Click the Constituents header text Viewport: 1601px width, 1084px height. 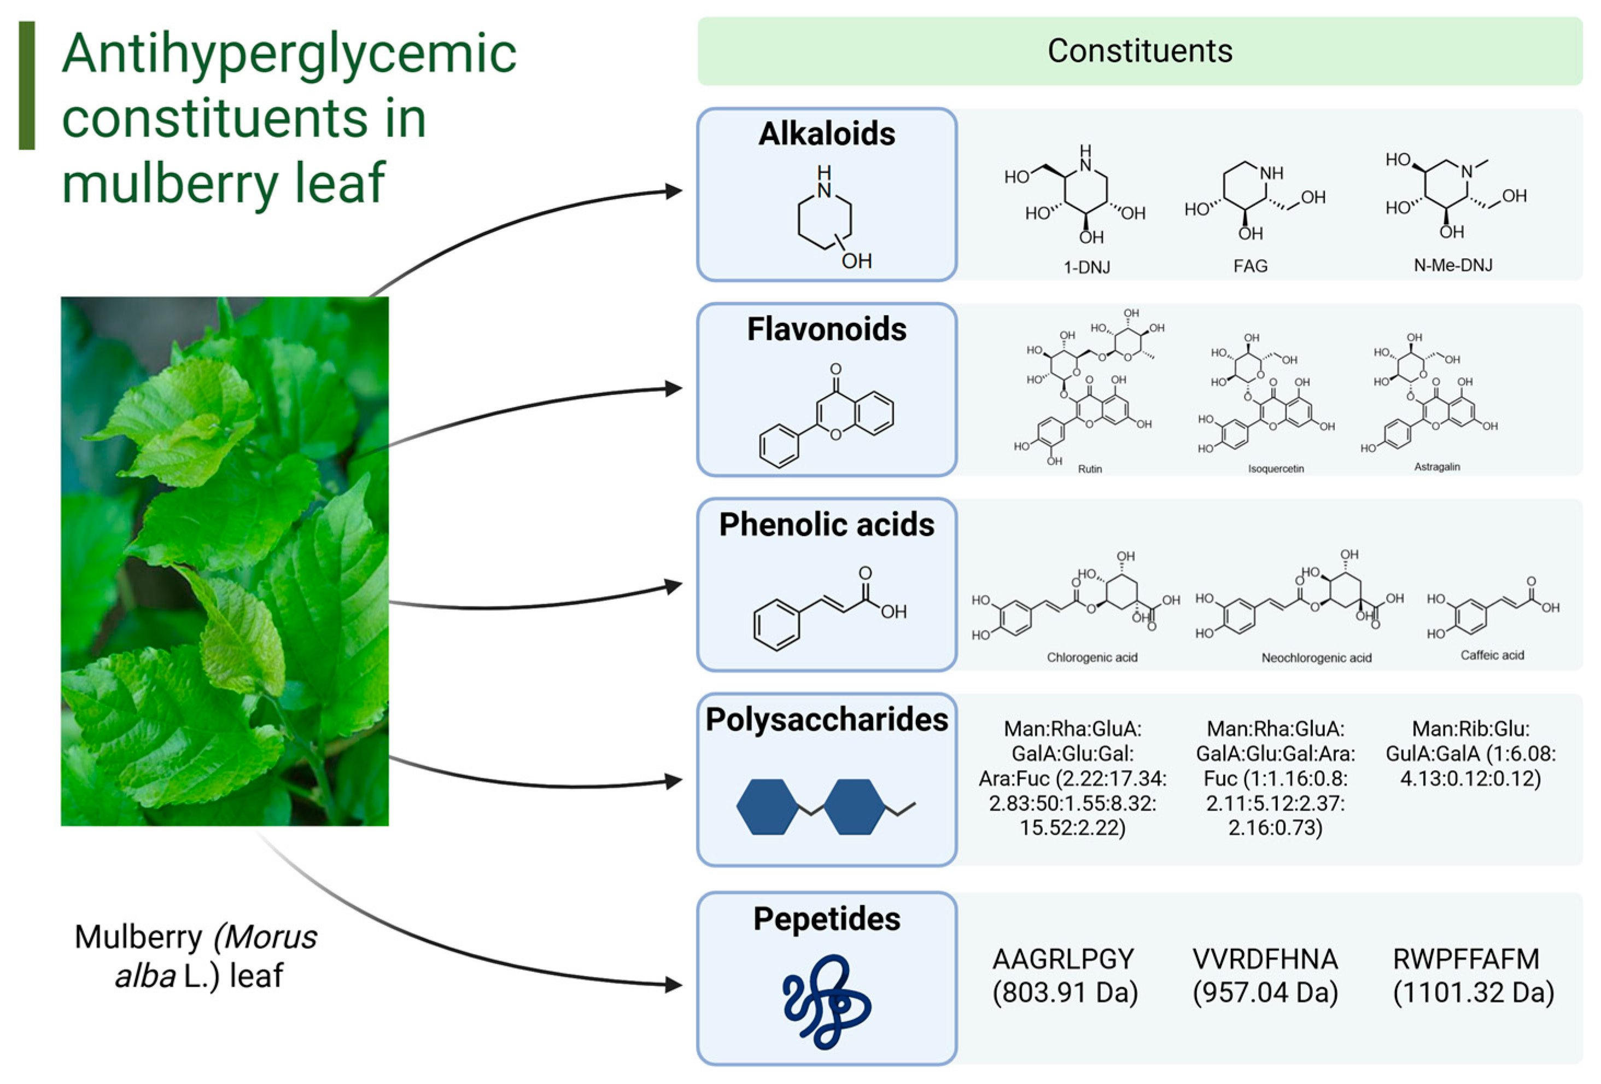tap(1140, 51)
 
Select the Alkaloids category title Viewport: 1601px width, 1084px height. tap(827, 133)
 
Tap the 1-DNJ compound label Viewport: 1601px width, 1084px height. tap(1086, 267)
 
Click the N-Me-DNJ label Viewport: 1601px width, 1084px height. tap(1453, 265)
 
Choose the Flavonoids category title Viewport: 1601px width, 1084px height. tap(827, 329)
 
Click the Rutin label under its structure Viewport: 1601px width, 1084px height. tap(1090, 469)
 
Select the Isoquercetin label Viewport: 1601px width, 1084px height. tap(1276, 469)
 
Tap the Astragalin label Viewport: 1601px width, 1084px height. tap(1437, 467)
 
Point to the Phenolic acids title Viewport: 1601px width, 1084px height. tap(827, 524)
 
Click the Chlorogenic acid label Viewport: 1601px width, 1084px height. tap(1092, 657)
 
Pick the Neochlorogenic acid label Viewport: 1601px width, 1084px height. tap(1317, 658)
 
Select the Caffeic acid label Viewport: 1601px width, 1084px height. tap(1492, 655)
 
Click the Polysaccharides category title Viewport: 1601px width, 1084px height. tap(827, 719)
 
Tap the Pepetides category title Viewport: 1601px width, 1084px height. tap(827, 919)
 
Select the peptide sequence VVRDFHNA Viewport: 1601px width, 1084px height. tap(1265, 959)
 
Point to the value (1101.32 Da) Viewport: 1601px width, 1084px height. tap(1474, 992)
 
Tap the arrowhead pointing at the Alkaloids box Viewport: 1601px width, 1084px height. tap(674, 191)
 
